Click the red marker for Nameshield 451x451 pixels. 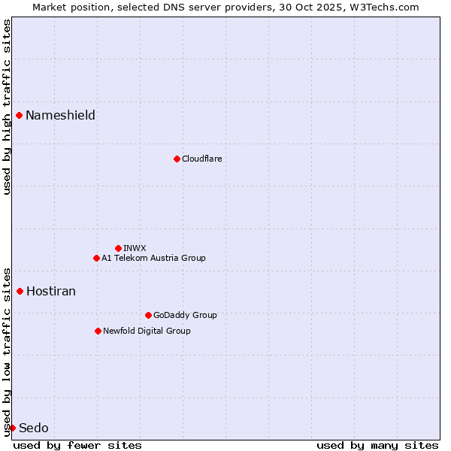pyautogui.click(x=19, y=115)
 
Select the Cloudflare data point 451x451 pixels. pyautogui.click(x=177, y=159)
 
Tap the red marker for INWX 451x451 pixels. pyautogui.click(x=118, y=248)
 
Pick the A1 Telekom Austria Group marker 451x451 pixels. pyautogui.click(x=96, y=258)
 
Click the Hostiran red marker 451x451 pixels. pyautogui.click(x=20, y=291)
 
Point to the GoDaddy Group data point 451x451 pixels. pyautogui.click(x=148, y=315)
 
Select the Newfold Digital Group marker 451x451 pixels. pyautogui.click(x=98, y=331)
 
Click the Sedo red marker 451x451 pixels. pyautogui.click(x=12, y=428)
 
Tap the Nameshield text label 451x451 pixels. pyautogui.click(x=60, y=115)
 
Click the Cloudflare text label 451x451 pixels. pyautogui.click(x=201, y=159)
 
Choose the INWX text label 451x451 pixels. pyautogui.click(x=135, y=248)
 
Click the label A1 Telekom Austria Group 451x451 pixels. pyautogui.click(x=153, y=258)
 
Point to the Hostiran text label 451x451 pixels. pyautogui.click(x=51, y=291)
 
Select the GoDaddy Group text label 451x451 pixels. pyautogui.click(x=185, y=315)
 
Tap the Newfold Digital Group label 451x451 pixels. pyautogui.click(x=147, y=331)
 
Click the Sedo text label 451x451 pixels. pyautogui.click(x=34, y=428)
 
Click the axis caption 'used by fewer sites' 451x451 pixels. pyautogui.click(x=77, y=445)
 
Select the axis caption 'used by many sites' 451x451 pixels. pyautogui.click(x=377, y=445)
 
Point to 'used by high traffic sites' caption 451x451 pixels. pyautogui.click(x=7, y=107)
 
